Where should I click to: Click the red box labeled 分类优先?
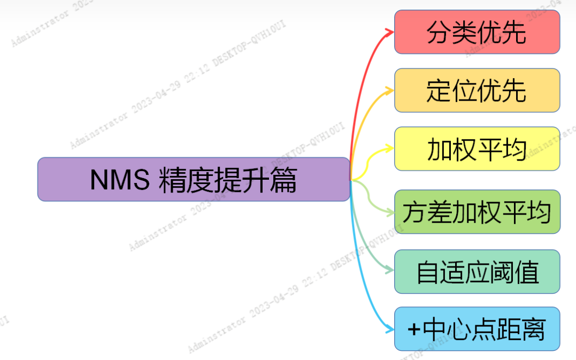[x=477, y=32]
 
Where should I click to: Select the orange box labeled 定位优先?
[x=477, y=90]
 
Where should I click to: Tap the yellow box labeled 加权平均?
[x=477, y=149]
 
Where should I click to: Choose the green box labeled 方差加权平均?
[x=477, y=212]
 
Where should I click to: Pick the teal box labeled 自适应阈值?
[x=477, y=272]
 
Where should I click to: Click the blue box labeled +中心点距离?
[x=477, y=329]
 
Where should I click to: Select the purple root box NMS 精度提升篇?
[x=194, y=179]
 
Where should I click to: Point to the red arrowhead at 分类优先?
[x=390, y=32]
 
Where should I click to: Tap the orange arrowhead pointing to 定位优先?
[x=390, y=90]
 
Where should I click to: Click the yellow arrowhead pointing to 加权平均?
[x=390, y=149]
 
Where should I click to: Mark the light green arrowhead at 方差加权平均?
[x=390, y=212]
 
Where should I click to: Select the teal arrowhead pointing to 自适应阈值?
[x=390, y=271]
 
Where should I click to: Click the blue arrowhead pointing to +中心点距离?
[x=390, y=329]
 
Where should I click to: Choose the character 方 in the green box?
[x=415, y=212]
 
